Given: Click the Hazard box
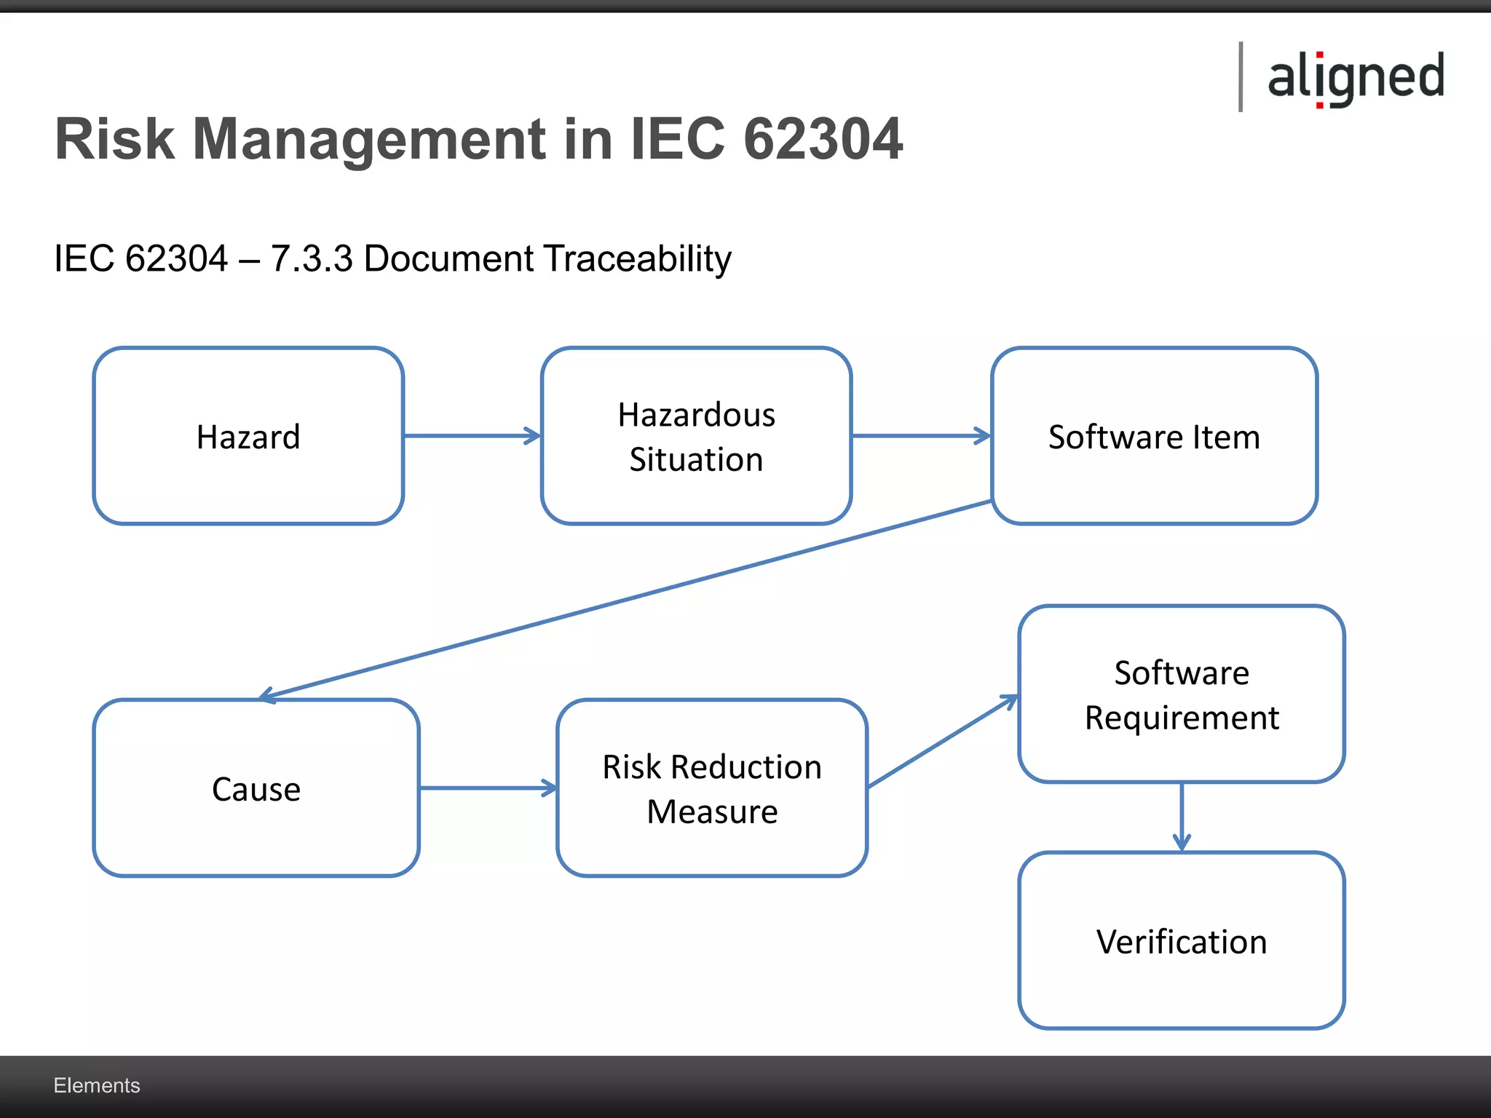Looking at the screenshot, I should coord(248,436).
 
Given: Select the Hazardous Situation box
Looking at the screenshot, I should coord(696,436).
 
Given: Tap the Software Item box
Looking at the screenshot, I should coord(1154,436).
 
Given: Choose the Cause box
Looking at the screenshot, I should coord(256,788).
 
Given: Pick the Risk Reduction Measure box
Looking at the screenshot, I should coord(712,788).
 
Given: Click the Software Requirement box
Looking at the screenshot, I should coord(1181,694).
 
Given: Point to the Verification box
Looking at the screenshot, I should coord(1181,940).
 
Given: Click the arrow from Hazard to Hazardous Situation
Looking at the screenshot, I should coord(472,436).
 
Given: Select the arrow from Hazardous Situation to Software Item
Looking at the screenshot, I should coord(921,436).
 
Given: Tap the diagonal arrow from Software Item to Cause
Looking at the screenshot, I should coord(626,598).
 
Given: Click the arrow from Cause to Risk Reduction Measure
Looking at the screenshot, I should coord(488,788).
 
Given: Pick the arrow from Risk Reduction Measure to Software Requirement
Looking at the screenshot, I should coord(943,742).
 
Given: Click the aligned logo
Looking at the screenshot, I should coord(1355,77).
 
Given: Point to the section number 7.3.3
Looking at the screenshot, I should coord(312,258).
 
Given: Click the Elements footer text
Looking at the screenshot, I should coord(97,1085).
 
